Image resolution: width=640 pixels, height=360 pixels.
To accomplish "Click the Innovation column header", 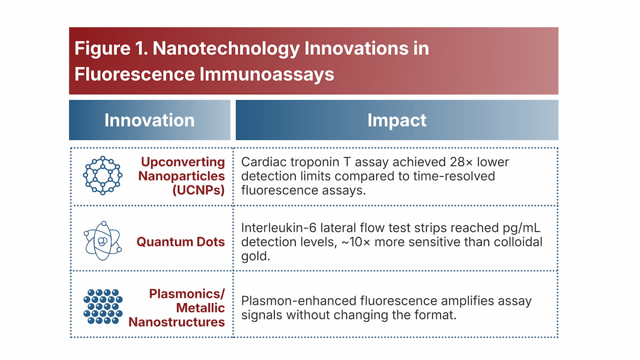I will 149,120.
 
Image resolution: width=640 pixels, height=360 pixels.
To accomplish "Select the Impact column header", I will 396,120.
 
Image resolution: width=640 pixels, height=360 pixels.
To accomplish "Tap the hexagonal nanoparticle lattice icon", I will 103,175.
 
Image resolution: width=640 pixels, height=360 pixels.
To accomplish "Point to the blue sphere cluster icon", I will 103,306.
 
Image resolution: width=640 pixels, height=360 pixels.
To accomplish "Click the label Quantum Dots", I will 181,242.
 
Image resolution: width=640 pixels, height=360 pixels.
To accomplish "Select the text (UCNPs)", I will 198,191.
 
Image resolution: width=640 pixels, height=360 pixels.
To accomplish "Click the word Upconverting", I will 183,162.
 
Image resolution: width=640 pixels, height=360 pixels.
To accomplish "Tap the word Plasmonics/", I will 187,293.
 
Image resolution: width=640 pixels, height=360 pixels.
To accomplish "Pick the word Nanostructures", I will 176,322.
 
